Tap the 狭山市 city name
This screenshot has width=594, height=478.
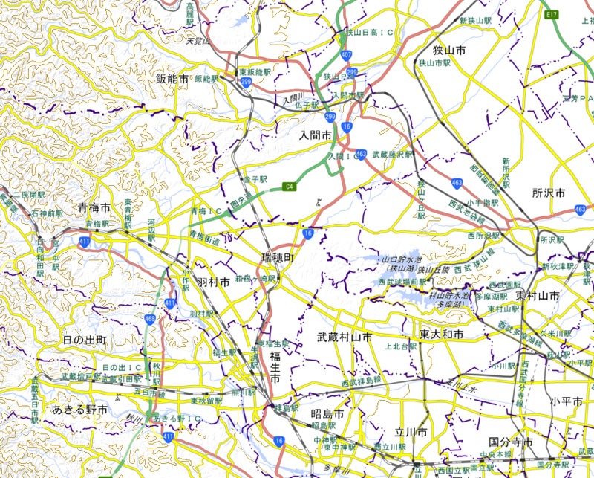point(449,51)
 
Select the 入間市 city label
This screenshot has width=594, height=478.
point(319,136)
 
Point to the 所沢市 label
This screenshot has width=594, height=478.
point(549,193)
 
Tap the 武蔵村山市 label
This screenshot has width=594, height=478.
point(344,337)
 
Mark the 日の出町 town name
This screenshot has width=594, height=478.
point(85,340)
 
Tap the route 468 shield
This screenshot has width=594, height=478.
point(151,320)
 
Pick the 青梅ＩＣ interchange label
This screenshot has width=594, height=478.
point(209,211)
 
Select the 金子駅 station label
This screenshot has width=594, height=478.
point(254,180)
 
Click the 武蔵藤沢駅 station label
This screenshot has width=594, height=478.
point(392,155)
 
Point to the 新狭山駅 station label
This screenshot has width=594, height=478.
point(477,20)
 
